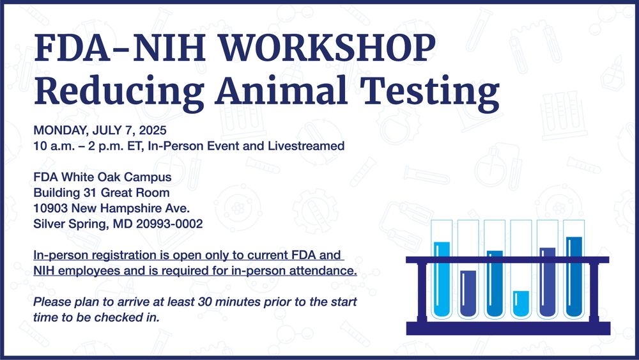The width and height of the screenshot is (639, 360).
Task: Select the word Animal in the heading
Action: (282, 91)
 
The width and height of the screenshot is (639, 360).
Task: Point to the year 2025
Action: (153, 130)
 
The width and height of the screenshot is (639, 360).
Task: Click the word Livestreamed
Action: (305, 146)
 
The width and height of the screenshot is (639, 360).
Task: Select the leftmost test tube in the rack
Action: (442, 269)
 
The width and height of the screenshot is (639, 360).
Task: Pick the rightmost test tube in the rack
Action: (574, 269)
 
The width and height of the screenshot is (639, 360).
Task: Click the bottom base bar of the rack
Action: (508, 328)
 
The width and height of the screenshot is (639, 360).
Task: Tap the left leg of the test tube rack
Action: (422, 292)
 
